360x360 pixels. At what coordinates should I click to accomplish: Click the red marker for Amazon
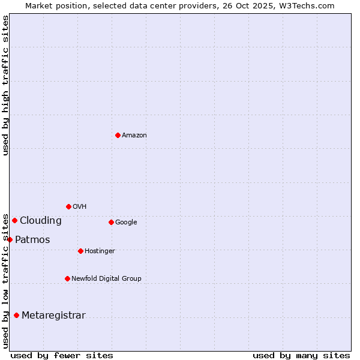118,135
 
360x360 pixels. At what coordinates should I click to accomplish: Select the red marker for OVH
68,206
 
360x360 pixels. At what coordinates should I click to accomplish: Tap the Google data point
111,222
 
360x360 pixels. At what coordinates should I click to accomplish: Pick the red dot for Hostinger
80,251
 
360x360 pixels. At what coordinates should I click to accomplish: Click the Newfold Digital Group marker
67,278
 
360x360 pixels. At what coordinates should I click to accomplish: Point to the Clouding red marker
14,220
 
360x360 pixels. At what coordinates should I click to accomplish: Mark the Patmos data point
10,239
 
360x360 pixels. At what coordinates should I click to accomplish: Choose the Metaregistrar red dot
16,315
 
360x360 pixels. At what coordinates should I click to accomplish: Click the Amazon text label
134,136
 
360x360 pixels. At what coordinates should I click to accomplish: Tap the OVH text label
80,207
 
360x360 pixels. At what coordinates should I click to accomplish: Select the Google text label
126,223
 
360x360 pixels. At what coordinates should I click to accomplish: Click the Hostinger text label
100,251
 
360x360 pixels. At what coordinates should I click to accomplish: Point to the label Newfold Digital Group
106,279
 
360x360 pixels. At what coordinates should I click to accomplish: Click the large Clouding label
41,221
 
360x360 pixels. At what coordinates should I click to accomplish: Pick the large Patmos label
32,240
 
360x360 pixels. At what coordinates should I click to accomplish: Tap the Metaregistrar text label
53,316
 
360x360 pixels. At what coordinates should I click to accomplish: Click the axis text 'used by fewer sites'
62,355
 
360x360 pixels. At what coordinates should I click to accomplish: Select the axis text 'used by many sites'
301,355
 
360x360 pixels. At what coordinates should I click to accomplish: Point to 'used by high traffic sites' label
5,85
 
